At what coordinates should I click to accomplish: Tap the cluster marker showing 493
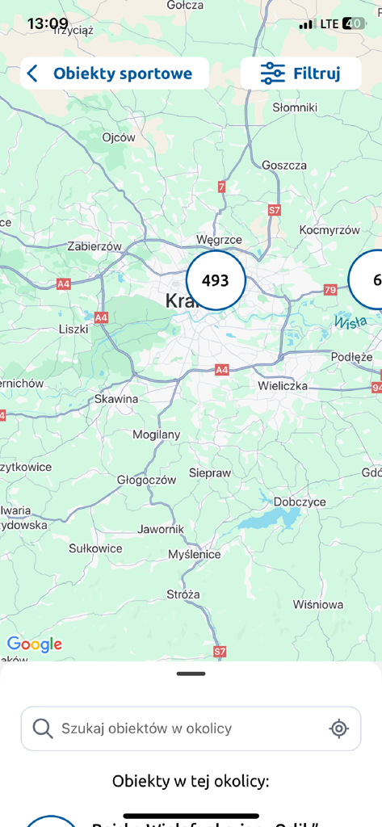[x=216, y=280]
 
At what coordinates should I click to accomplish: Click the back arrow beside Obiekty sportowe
[x=32, y=74]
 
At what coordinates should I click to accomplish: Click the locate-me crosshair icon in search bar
[x=339, y=728]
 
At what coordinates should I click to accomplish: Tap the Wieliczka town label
[x=283, y=386]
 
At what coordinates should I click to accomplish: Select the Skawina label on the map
[x=116, y=399]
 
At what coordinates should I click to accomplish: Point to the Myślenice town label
[x=194, y=555]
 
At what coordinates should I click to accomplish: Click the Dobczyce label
[x=299, y=502]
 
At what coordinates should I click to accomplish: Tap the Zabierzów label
[x=94, y=246]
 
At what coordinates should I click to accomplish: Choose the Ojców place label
[x=119, y=137]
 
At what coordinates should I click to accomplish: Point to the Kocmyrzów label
[x=329, y=229]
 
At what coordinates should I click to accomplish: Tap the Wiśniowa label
[x=318, y=604]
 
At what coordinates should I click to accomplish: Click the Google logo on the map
[x=35, y=644]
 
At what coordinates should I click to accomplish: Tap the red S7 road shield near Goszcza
[x=275, y=210]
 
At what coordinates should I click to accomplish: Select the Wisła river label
[x=350, y=321]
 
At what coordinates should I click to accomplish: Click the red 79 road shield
[x=330, y=289]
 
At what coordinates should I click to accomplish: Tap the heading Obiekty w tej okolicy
[x=191, y=781]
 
